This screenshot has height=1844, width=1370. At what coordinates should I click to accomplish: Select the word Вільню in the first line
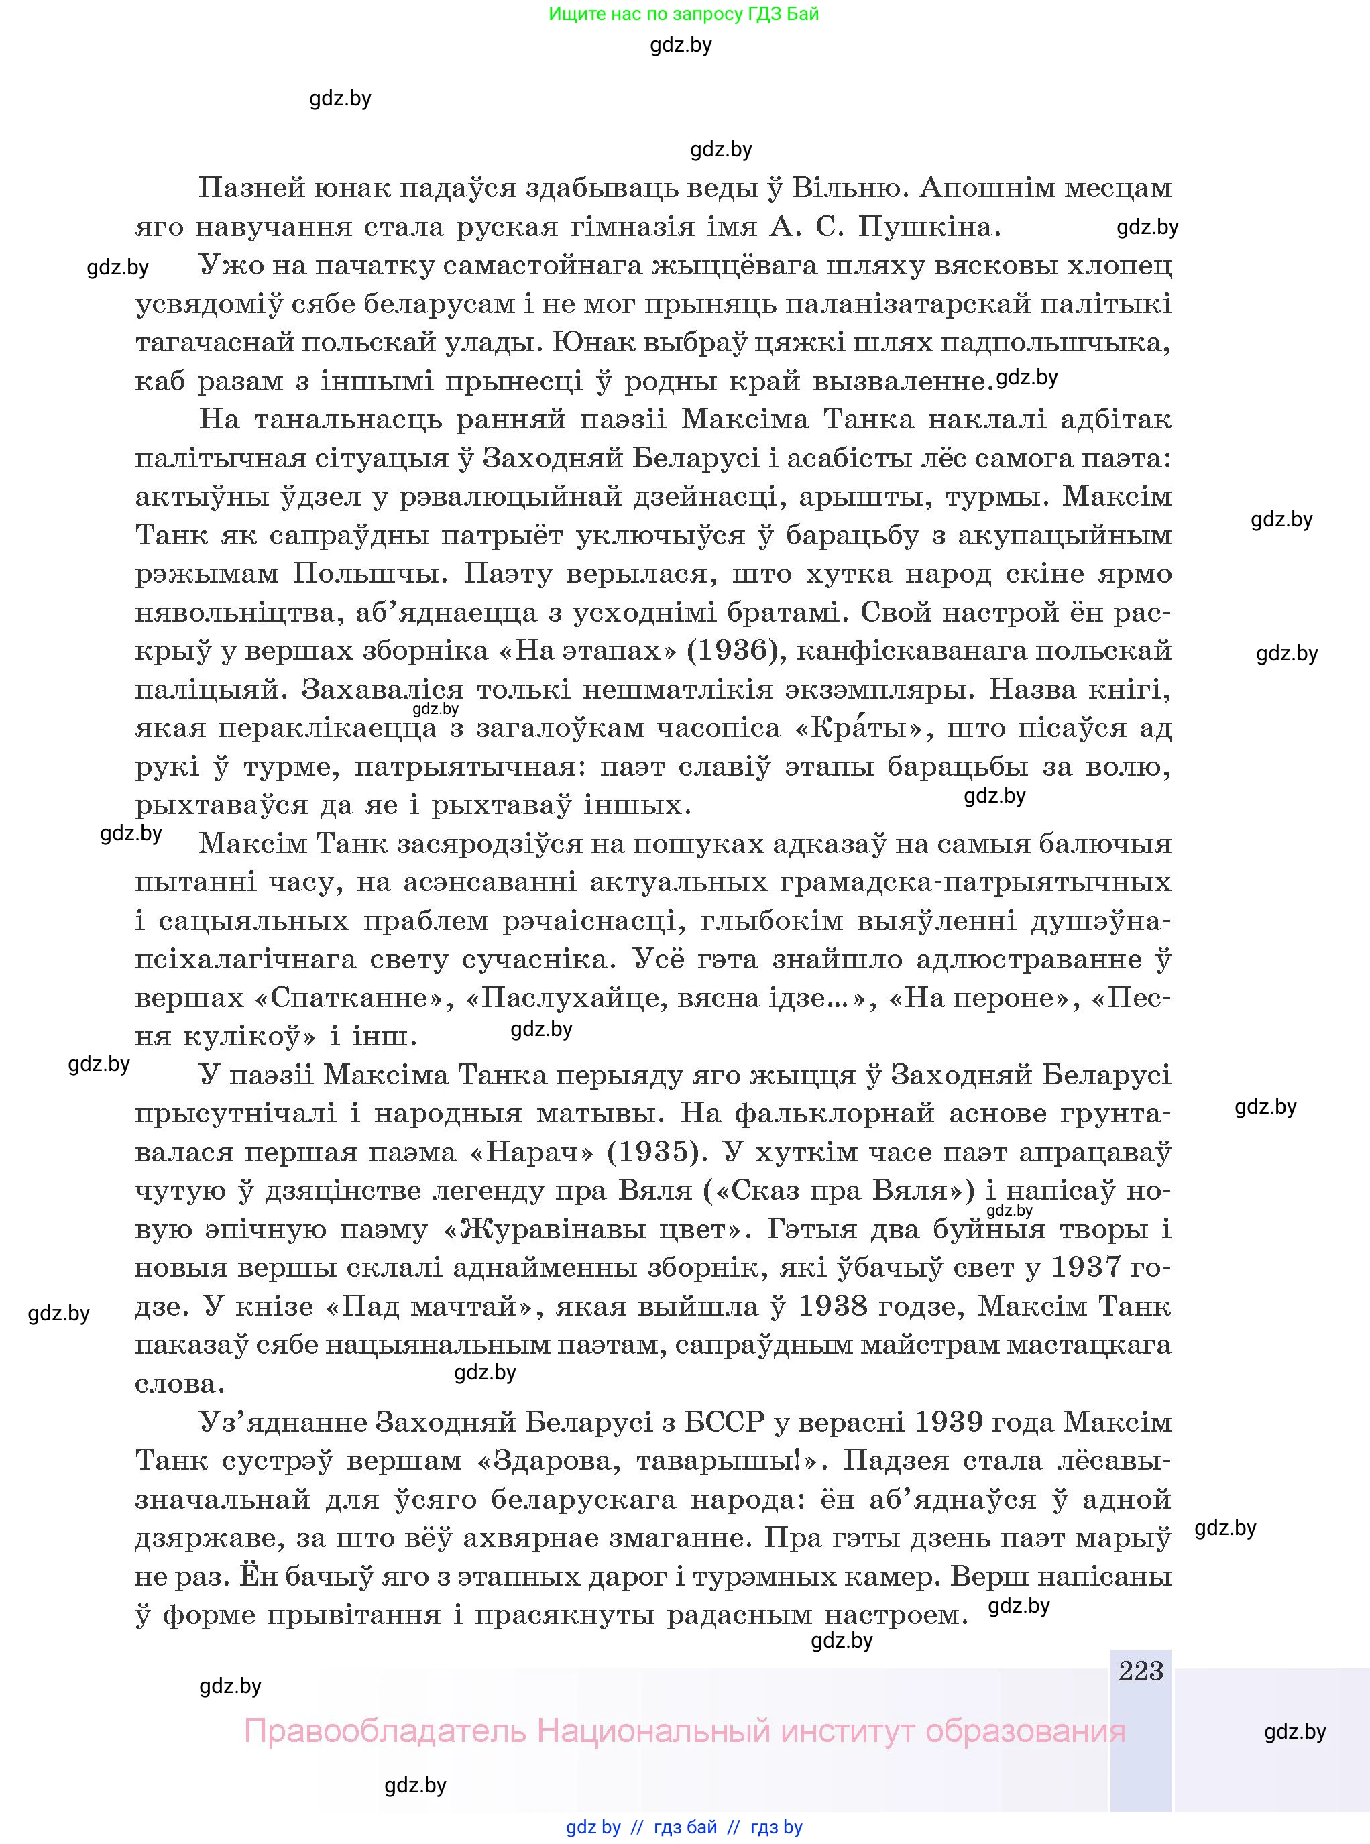coord(846,188)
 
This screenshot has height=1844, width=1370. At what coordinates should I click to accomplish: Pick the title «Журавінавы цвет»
coord(593,1229)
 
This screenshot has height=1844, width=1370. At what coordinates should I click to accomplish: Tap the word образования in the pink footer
coord(1025,1731)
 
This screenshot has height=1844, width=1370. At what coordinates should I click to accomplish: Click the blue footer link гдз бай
coord(685,1827)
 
